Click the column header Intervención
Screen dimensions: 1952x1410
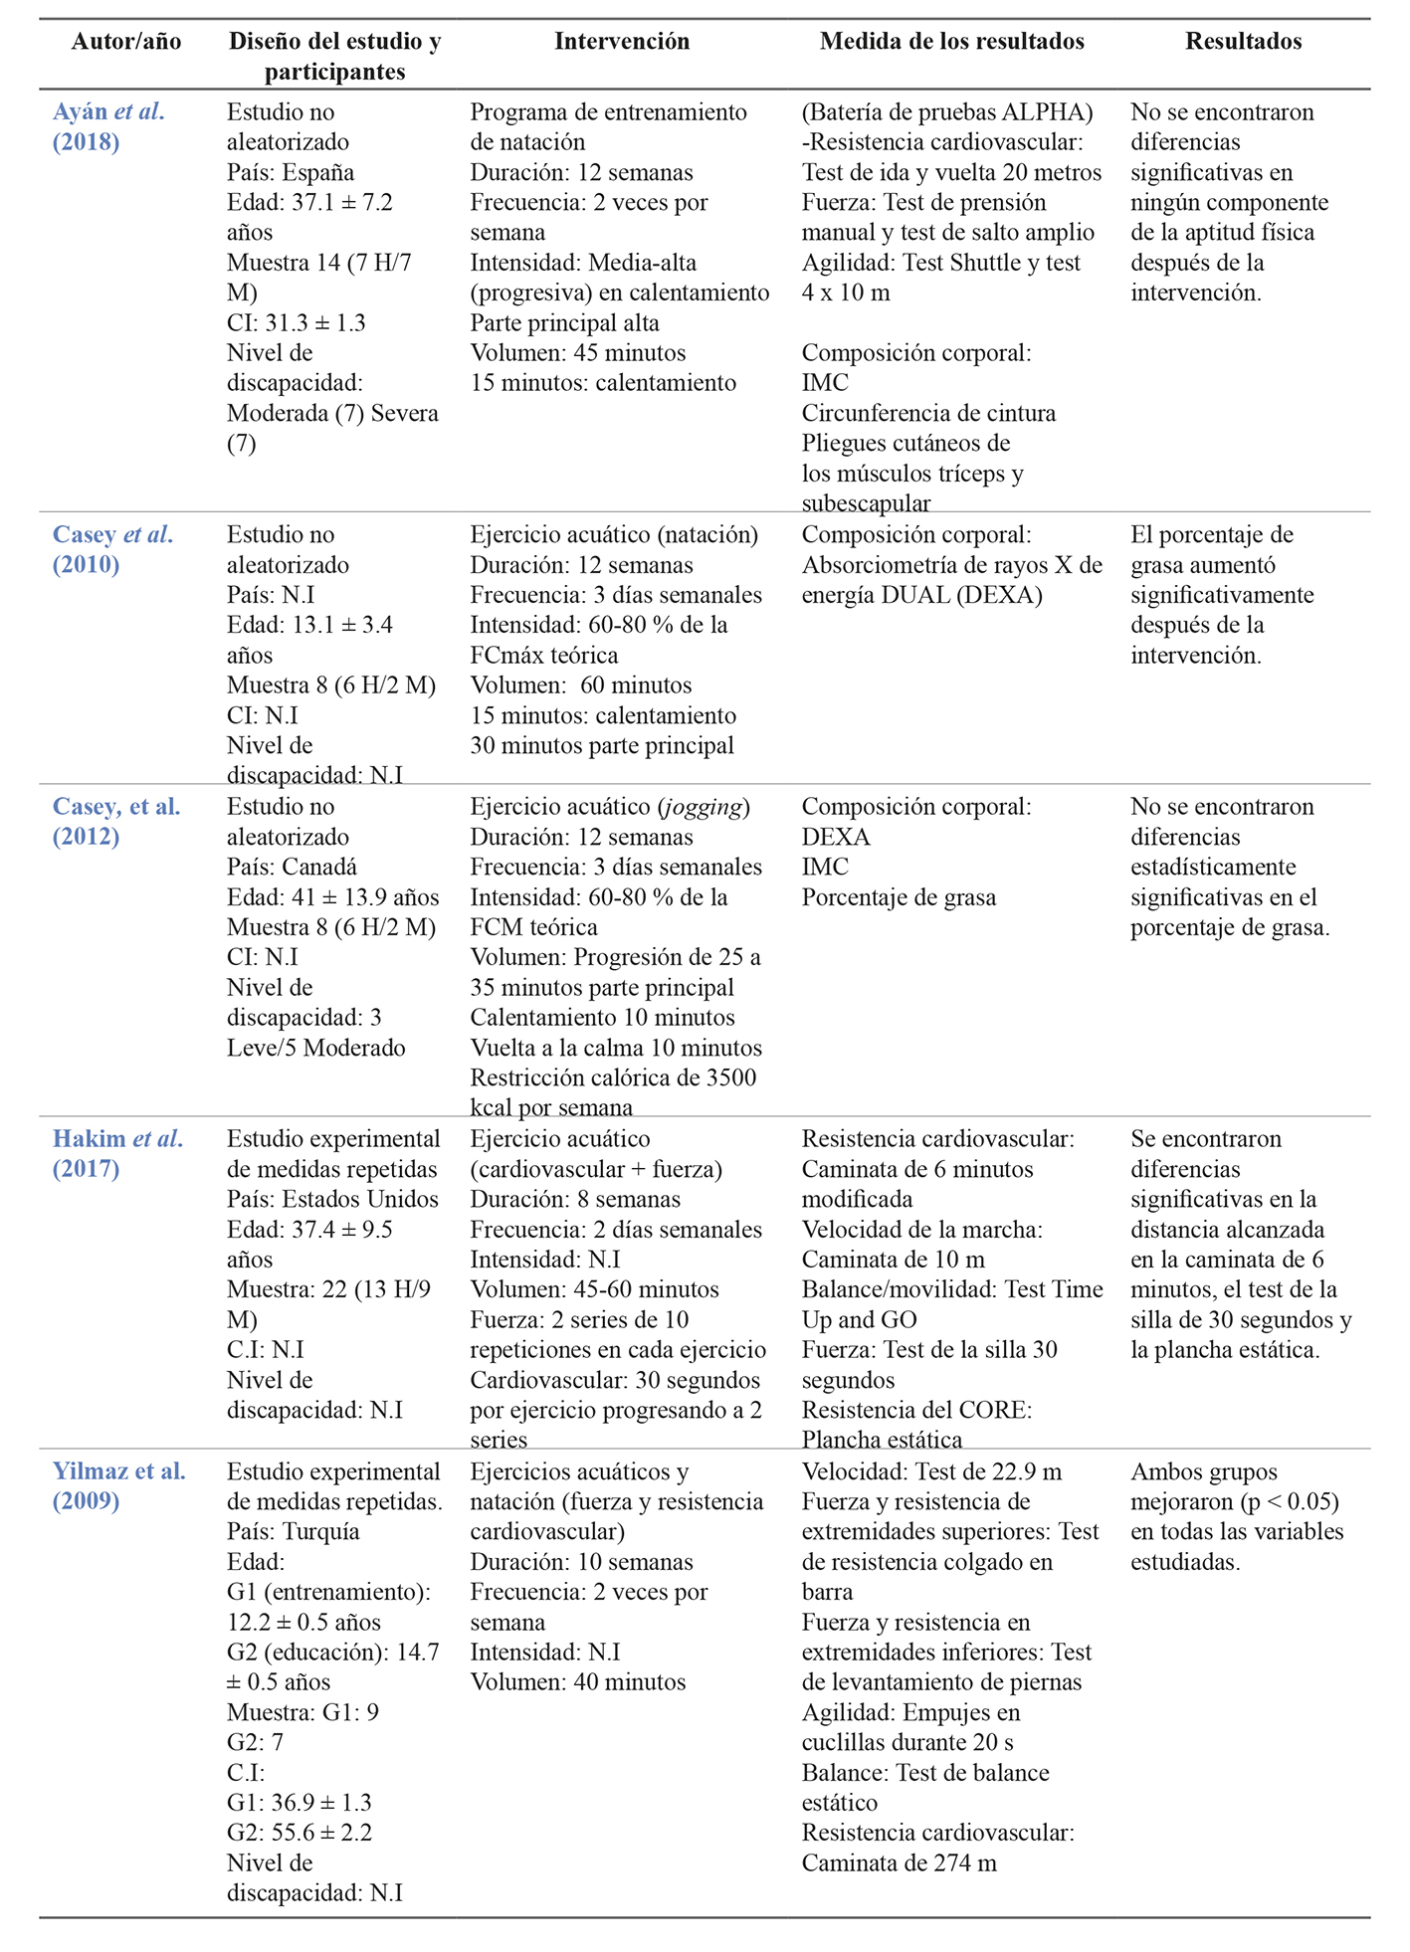[x=621, y=41]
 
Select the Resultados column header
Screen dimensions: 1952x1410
[x=1243, y=41]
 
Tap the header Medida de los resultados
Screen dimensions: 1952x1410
[x=951, y=41]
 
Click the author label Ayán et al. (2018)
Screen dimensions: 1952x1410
[x=108, y=126]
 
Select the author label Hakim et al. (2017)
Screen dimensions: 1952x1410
[x=117, y=1153]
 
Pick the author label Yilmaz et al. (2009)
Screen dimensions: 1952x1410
[x=118, y=1485]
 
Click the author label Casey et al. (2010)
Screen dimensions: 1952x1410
[x=112, y=549]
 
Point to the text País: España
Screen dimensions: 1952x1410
[x=290, y=172]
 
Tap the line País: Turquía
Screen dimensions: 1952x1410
[x=293, y=1531]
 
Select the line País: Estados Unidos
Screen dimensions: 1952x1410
[x=332, y=1199]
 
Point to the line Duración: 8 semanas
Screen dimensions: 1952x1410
[x=575, y=1199]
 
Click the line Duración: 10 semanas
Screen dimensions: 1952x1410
[x=581, y=1562]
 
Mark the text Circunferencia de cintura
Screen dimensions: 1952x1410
[x=928, y=413]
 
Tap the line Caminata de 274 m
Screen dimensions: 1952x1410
[x=899, y=1863]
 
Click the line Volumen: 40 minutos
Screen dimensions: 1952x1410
[x=577, y=1682]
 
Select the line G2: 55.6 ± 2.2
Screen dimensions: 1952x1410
[x=299, y=1833]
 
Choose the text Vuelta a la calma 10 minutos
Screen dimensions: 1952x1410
[x=616, y=1048]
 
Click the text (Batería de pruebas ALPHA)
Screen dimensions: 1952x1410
[x=947, y=111]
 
